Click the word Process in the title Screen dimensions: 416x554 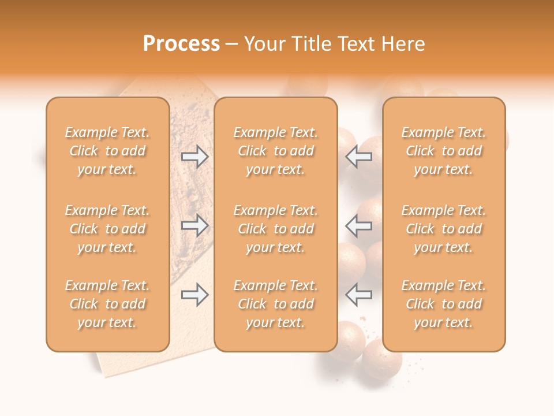coord(181,43)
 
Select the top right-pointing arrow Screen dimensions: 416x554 coord(195,157)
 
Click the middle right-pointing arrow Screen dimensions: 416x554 coord(195,225)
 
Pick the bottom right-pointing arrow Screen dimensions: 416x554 coord(195,295)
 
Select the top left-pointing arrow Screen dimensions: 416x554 coord(359,157)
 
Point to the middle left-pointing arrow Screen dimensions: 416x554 coord(359,225)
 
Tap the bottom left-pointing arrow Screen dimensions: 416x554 coord(359,295)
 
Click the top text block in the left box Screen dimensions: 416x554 coord(107,151)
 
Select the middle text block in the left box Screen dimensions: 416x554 coord(107,229)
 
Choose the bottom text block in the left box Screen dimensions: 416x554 coord(107,304)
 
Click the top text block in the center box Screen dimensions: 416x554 coord(275,151)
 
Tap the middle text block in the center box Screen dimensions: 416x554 coord(275,229)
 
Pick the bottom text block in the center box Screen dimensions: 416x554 coord(275,304)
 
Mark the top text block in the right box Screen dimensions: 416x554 coord(444,151)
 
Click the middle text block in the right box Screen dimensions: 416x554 coord(444,229)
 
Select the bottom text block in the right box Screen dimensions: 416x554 coord(444,304)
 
